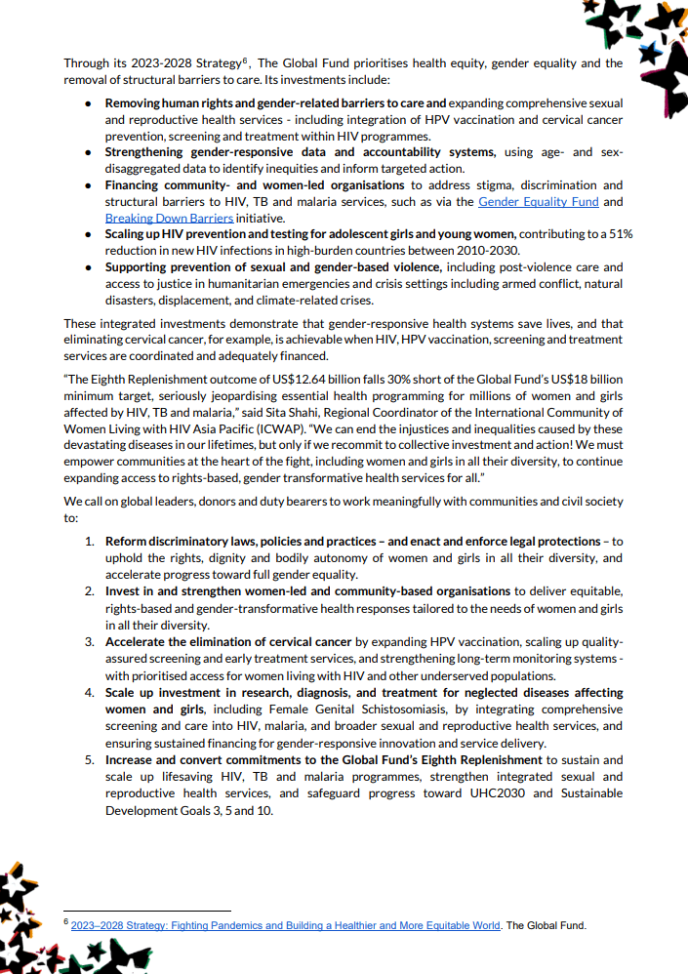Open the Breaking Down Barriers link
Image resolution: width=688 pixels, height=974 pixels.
tap(169, 218)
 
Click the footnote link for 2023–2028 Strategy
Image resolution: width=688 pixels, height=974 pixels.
tap(285, 924)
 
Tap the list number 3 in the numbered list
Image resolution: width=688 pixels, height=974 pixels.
tap(88, 642)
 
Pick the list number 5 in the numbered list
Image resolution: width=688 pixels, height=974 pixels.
tap(88, 759)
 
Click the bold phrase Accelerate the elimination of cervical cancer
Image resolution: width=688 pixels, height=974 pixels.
tap(228, 642)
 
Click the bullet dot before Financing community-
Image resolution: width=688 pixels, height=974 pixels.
tap(89, 185)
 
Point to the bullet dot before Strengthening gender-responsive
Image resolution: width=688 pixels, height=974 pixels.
tap(89, 152)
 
